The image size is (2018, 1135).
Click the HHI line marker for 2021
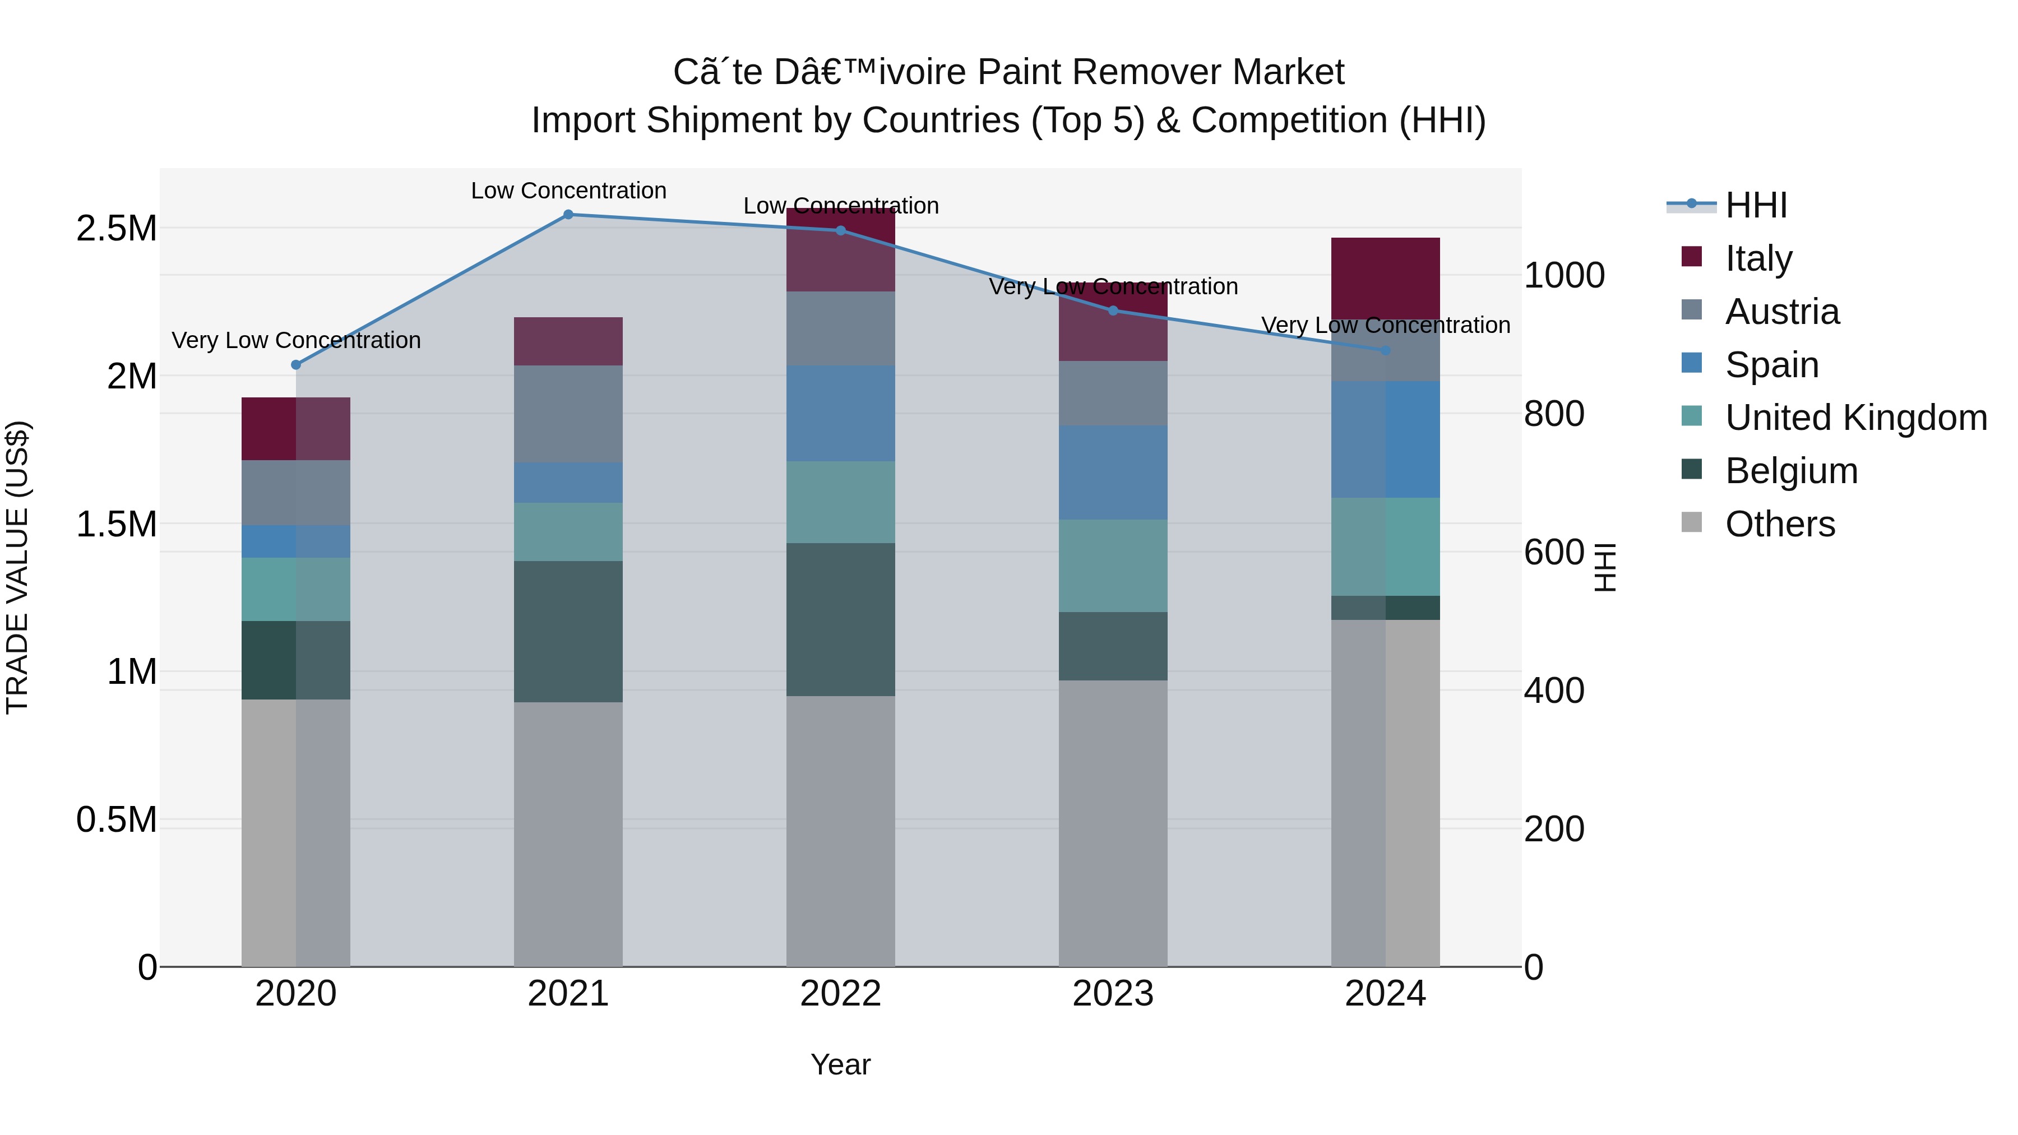tap(568, 215)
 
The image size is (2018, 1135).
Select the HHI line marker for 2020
tap(296, 365)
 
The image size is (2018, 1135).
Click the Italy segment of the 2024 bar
tap(1385, 278)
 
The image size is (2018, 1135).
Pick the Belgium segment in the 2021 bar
tap(568, 631)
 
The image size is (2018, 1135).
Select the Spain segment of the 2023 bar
tap(1113, 472)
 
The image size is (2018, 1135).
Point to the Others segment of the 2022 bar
tap(841, 830)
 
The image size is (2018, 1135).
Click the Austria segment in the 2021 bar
tap(568, 414)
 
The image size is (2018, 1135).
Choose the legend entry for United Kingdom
tap(1856, 418)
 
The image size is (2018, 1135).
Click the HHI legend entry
tap(1756, 205)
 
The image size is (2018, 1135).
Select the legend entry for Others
tap(1780, 524)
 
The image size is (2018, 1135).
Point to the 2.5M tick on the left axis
tap(116, 228)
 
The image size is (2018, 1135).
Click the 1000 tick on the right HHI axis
tap(1563, 275)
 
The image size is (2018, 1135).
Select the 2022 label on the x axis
tap(841, 994)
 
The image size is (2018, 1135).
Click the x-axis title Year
tap(841, 1064)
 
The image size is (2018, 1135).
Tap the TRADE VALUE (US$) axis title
tap(17, 567)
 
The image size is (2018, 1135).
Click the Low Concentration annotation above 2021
tap(568, 191)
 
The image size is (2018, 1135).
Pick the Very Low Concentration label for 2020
tap(296, 340)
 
